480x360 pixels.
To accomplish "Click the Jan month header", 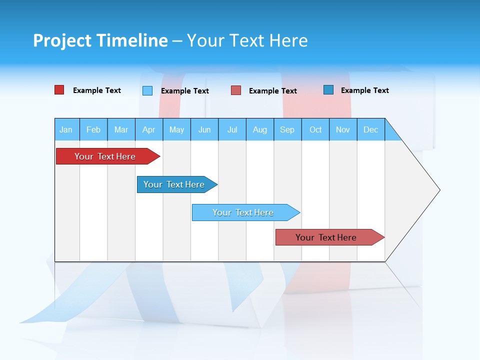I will tap(66, 129).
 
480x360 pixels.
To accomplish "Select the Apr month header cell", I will tap(148, 129).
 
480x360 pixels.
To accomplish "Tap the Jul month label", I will tap(232, 129).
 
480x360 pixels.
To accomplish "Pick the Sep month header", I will tap(287, 129).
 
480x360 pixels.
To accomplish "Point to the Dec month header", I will tap(370, 129).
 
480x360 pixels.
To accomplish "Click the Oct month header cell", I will tap(315, 129).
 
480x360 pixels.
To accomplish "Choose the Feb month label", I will tap(93, 129).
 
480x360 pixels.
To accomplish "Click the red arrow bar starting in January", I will tap(105, 156).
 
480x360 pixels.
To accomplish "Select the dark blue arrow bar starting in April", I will tap(174, 184).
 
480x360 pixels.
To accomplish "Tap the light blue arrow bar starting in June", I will tap(243, 212).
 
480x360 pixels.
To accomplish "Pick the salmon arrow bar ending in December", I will tap(326, 237).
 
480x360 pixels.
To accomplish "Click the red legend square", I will tap(59, 90).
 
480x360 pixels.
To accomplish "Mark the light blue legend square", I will tap(147, 90).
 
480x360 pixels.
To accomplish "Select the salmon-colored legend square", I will tap(236, 90).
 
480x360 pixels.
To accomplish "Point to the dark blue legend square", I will tap(328, 90).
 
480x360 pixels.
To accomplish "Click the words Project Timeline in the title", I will tap(100, 40).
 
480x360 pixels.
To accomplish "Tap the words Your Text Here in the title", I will tap(247, 40).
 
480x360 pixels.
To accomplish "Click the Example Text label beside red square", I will tap(97, 90).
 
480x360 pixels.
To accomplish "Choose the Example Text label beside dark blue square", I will tap(364, 90).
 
